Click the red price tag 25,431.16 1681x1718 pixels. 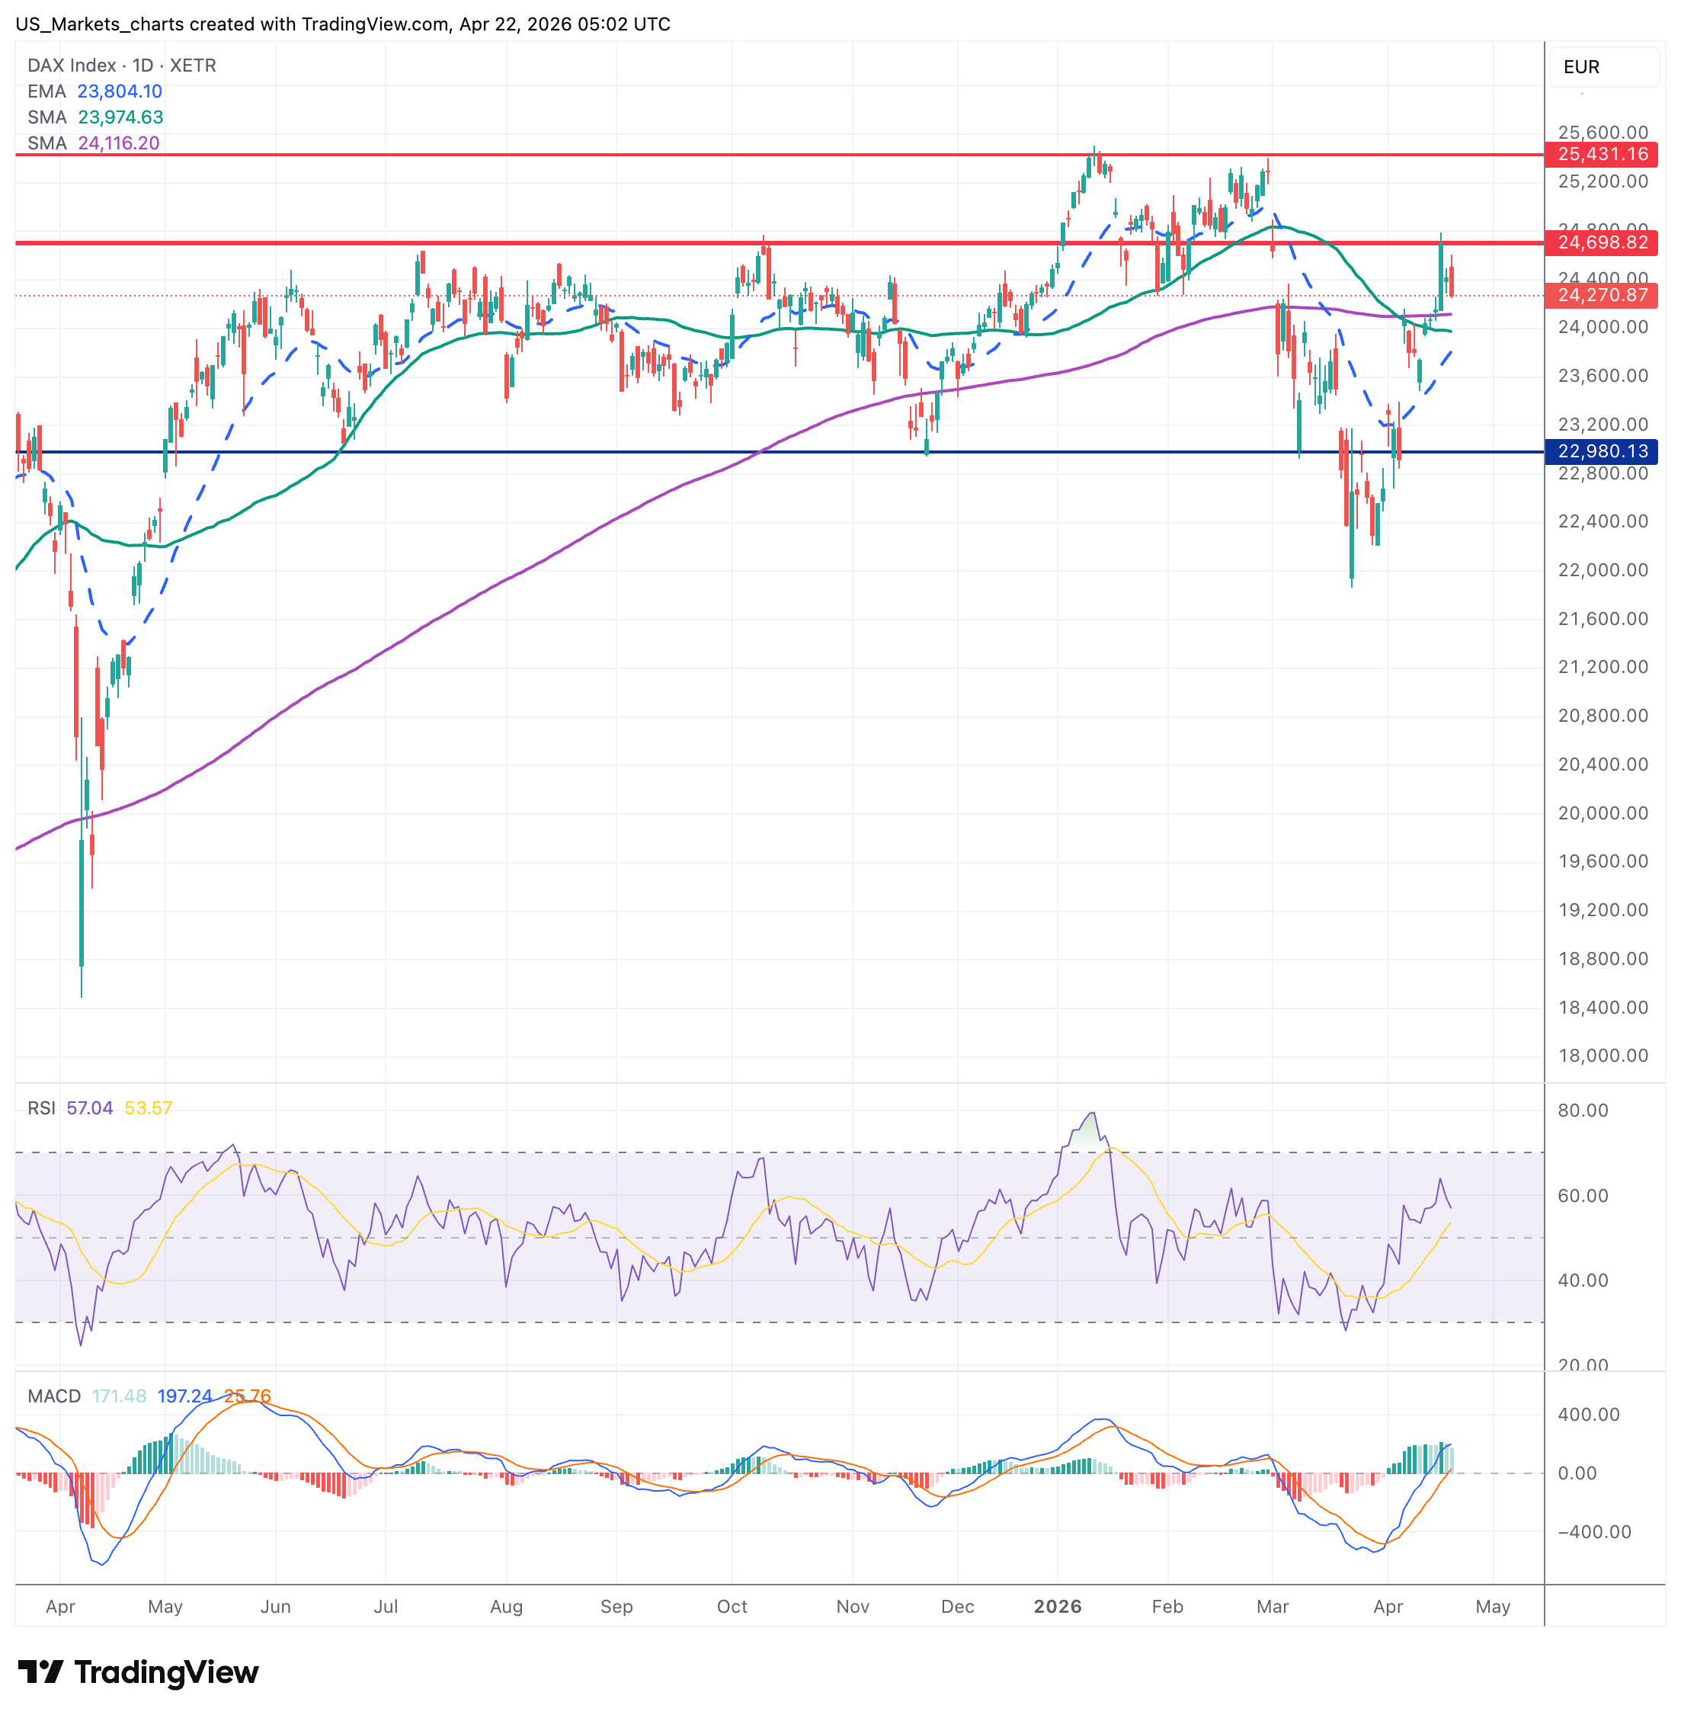coord(1602,155)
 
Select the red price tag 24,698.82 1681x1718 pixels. coord(1602,243)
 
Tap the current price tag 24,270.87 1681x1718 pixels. coord(1602,295)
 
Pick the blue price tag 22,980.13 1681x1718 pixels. coord(1602,451)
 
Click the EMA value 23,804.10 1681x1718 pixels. coord(119,91)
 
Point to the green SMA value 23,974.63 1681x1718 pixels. coord(120,117)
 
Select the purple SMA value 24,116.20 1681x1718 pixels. coord(118,143)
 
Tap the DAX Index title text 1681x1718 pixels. coord(72,66)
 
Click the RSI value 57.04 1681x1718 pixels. coord(89,1107)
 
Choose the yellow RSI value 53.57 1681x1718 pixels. coord(149,1107)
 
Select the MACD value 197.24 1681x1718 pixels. coord(184,1396)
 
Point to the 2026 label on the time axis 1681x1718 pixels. coord(1057,1606)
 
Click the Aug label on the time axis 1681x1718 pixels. coord(506,1606)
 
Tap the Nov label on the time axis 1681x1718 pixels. coord(852,1606)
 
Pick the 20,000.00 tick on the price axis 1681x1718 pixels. coord(1603,813)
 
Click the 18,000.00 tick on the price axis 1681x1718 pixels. coord(1603,1056)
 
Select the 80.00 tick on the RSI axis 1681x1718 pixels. coord(1582,1111)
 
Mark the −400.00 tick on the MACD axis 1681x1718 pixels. coord(1593,1531)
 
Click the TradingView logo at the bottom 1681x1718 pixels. coord(139,1672)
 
